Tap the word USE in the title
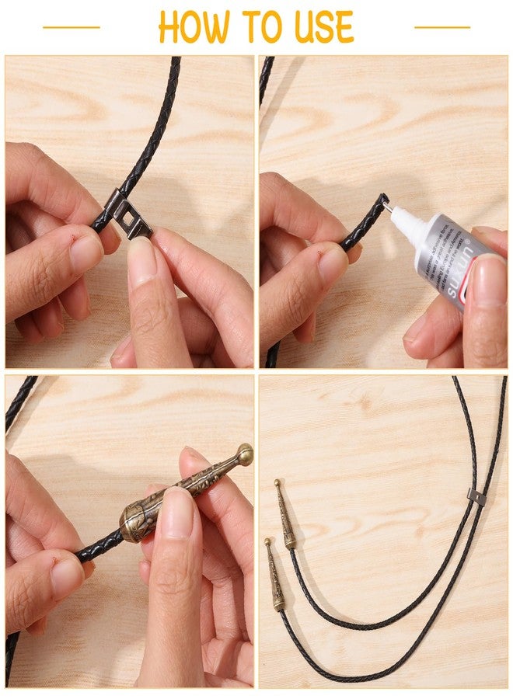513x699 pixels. click(322, 27)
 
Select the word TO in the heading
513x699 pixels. click(256, 27)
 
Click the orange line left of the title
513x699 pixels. click(72, 27)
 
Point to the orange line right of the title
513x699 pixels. click(442, 27)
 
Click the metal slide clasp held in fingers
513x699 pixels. click(131, 218)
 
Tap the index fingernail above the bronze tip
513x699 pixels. click(176, 513)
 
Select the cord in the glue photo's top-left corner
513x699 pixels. click(266, 78)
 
